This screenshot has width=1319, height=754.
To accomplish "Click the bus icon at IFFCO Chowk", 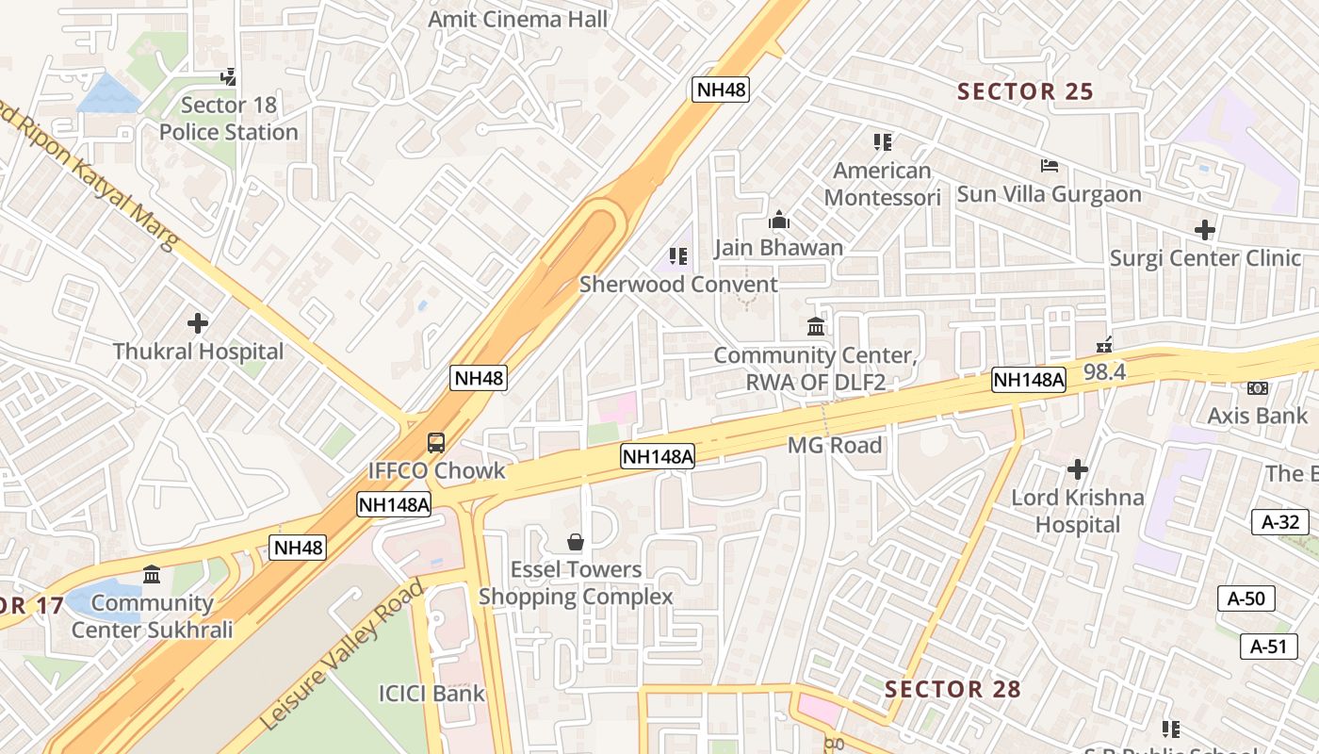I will pos(436,442).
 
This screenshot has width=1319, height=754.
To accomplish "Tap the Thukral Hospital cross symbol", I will pos(198,323).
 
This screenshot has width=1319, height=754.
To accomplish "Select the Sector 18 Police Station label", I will pos(228,119).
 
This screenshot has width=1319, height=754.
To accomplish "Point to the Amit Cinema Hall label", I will pos(517,19).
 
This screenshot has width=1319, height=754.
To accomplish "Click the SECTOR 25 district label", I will pos(1025,91).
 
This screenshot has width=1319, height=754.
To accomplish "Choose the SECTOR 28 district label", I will pos(953,689).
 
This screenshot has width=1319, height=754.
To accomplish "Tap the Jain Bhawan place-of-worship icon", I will pos(779,221).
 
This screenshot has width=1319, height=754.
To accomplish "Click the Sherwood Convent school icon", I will pos(677,256).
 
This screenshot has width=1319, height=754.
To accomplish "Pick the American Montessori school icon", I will pos(883,142).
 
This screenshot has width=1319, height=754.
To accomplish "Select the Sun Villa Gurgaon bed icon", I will pos(1050,166).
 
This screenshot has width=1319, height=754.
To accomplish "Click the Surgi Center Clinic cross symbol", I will pos(1204,229).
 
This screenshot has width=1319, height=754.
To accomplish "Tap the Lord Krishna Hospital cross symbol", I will pos(1078,468).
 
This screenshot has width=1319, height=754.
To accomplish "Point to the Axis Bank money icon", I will pos(1257,388).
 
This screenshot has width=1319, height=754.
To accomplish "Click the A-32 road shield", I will pos(1280,522).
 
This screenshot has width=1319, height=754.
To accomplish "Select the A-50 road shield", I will pos(1246,598).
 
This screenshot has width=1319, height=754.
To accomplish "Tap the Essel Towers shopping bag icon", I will pos(576,542).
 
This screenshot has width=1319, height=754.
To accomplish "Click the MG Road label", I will pos(835,445).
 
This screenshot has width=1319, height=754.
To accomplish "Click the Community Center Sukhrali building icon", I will pos(152,574).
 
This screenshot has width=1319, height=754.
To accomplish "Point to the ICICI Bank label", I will pos(432,694).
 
